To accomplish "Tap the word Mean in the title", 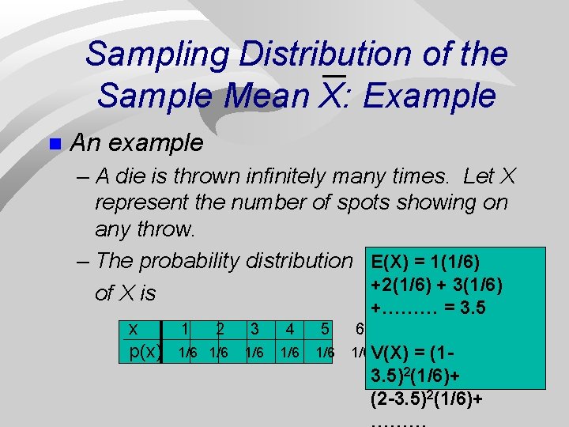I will click(267, 96).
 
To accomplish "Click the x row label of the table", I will click(134, 328).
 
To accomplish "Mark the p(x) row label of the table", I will click(145, 351).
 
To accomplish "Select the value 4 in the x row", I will click(291, 328).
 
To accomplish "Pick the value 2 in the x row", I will click(220, 328).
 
